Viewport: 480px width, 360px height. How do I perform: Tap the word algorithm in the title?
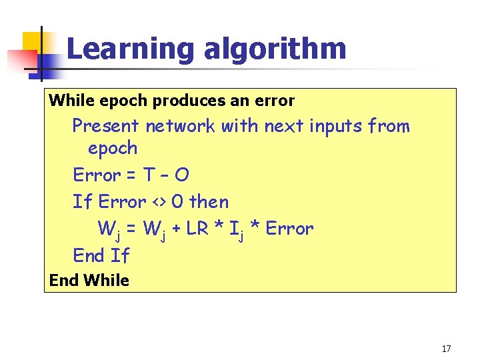tap(275, 50)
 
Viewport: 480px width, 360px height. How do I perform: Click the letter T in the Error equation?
tap(151, 175)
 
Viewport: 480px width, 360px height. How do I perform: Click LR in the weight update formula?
tap(196, 229)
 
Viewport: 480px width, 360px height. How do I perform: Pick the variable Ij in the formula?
tap(234, 230)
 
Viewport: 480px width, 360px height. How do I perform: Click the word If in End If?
tap(120, 255)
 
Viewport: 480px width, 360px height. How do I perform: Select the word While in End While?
tap(107, 281)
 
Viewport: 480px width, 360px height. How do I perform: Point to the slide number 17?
tap(446, 349)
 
